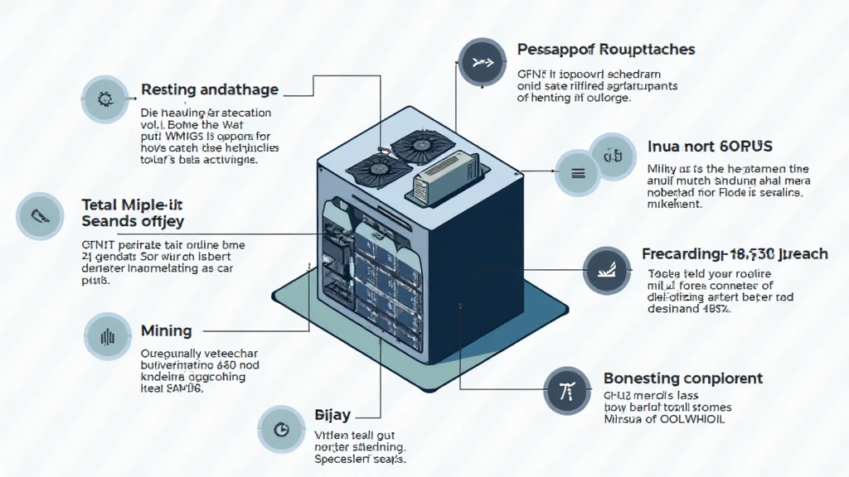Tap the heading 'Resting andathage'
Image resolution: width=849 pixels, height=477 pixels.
(210, 89)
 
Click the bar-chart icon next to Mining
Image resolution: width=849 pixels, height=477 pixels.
(106, 337)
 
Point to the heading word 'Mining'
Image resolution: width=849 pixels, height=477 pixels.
(166, 331)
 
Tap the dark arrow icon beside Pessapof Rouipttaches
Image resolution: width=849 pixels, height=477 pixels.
(482, 62)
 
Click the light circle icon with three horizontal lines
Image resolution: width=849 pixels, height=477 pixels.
(579, 173)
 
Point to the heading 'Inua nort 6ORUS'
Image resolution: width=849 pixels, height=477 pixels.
(710, 147)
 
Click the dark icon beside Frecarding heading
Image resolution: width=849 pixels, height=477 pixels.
(608, 269)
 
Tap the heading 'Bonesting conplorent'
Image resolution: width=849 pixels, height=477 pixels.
(682, 378)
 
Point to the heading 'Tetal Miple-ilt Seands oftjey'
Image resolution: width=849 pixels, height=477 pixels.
(133, 212)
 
